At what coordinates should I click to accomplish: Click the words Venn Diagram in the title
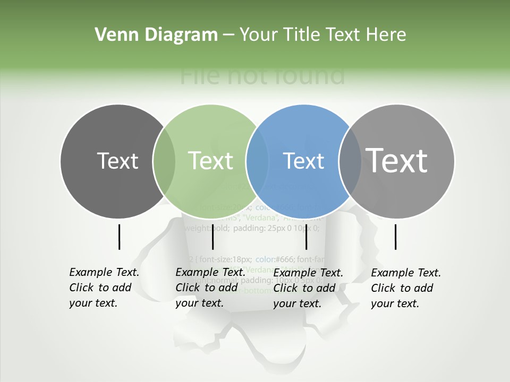pos(156,35)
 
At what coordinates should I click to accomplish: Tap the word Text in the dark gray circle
pos(117,161)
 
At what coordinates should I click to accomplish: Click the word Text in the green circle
pos(211,161)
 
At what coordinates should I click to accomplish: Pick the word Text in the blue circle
pos(304,161)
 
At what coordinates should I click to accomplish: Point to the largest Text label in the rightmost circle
pos(397,161)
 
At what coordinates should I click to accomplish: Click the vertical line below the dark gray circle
pos(119,237)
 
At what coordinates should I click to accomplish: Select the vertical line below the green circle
pos(212,237)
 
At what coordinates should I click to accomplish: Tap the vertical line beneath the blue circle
pos(306,237)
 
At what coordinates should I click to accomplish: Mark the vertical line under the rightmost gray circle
pos(396,237)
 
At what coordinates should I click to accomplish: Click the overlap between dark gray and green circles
pos(164,161)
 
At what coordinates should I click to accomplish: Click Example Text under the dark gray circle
pos(104,272)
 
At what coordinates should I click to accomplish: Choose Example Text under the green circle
pos(210,272)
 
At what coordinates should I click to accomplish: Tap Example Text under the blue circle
pos(308,273)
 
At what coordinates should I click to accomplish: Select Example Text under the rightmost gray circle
pos(406,273)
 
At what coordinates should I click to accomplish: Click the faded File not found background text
pos(262,75)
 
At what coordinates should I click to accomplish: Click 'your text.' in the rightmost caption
pos(395,303)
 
